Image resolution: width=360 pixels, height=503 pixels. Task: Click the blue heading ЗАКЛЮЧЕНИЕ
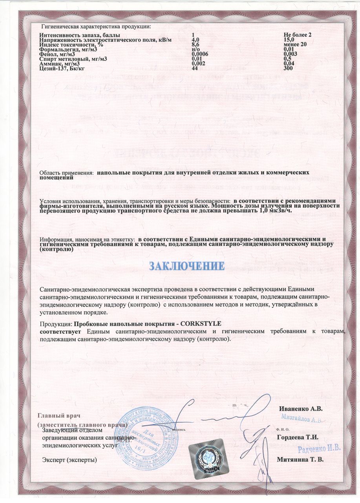click(187, 266)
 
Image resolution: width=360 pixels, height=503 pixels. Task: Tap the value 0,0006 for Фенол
click(199, 54)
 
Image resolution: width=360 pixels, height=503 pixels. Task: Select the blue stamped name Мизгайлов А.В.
click(301, 419)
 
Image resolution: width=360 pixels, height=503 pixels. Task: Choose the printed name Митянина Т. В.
click(300, 459)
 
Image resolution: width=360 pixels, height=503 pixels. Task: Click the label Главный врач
click(58, 416)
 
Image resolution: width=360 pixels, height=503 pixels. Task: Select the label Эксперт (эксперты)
click(68, 459)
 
